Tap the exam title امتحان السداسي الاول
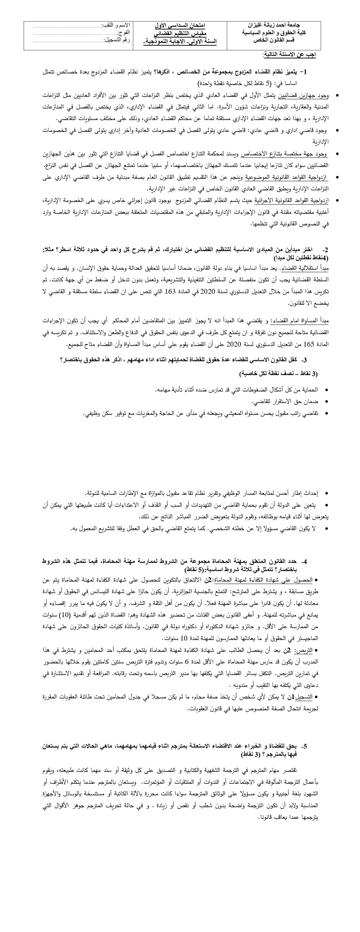tap(180, 26)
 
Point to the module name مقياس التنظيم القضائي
tap(180, 33)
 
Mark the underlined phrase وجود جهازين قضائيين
tap(309, 95)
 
